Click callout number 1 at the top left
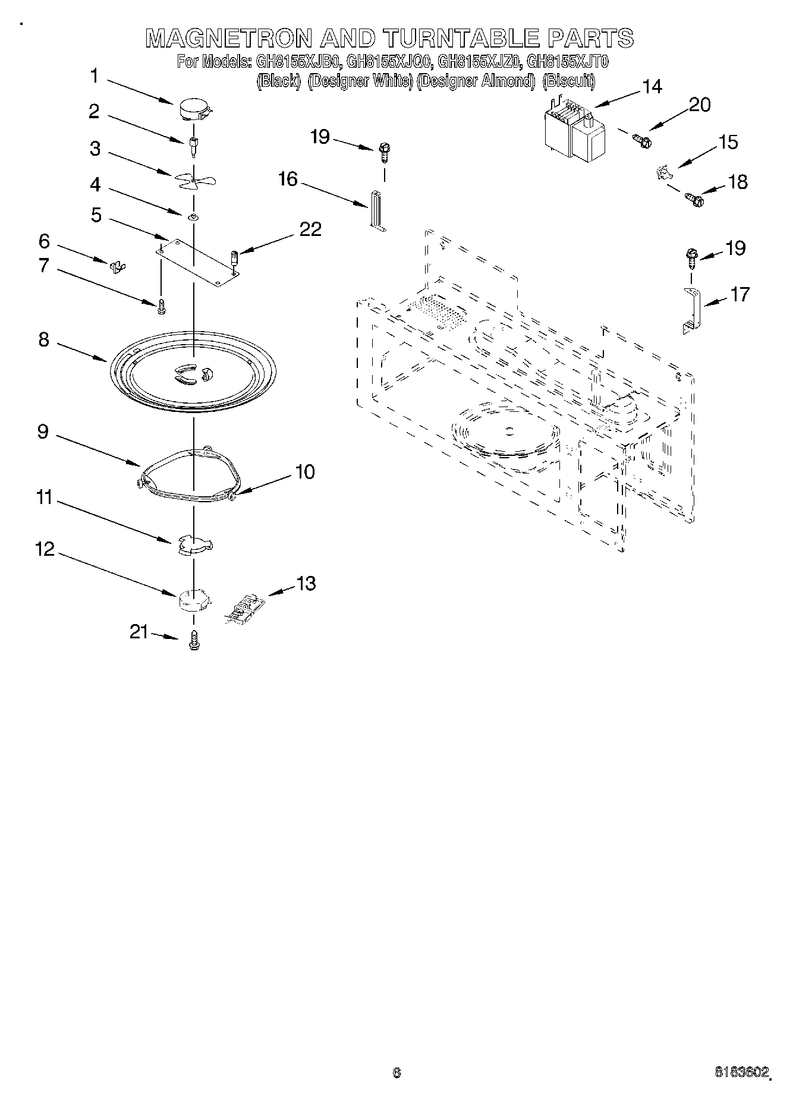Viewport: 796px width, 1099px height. point(95,76)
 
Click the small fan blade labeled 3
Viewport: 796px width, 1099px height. point(194,180)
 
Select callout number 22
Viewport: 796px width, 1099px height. point(310,229)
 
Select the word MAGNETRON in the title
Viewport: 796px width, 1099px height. point(228,39)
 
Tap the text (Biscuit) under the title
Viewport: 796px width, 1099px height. point(569,81)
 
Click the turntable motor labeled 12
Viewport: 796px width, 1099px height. point(193,599)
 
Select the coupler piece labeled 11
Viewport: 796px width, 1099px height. point(194,544)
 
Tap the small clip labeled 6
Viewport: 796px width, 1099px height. point(118,266)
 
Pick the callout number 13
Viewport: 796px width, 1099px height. point(306,583)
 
